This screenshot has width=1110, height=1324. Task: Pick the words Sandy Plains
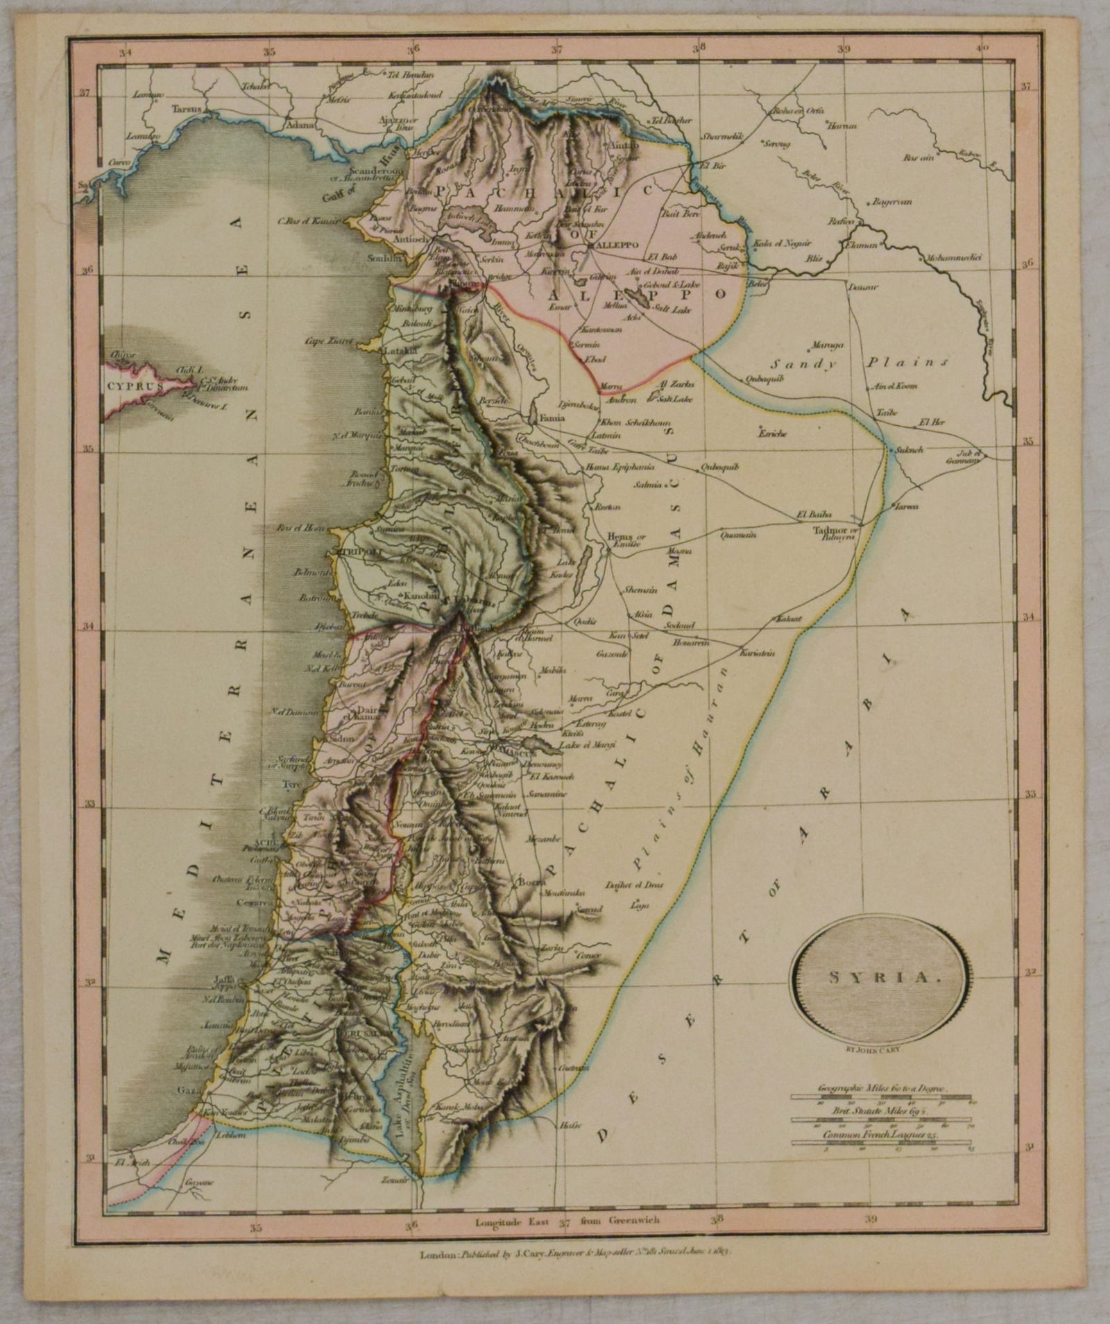pyautogui.click(x=860, y=363)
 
